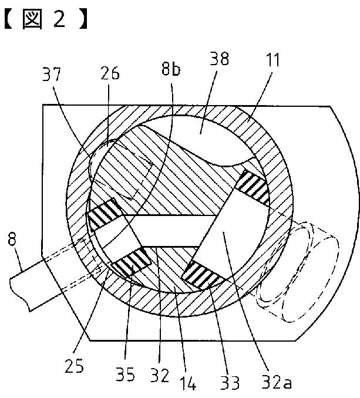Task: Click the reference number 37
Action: click(x=52, y=74)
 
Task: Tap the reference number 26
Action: click(x=110, y=73)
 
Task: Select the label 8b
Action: click(x=171, y=68)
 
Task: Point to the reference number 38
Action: click(x=220, y=59)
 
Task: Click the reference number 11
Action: click(x=272, y=60)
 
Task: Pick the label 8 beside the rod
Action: click(x=12, y=239)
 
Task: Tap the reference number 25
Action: click(x=74, y=366)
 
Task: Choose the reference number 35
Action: click(x=125, y=374)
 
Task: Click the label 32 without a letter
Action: click(x=160, y=375)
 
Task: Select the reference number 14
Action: click(x=188, y=383)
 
